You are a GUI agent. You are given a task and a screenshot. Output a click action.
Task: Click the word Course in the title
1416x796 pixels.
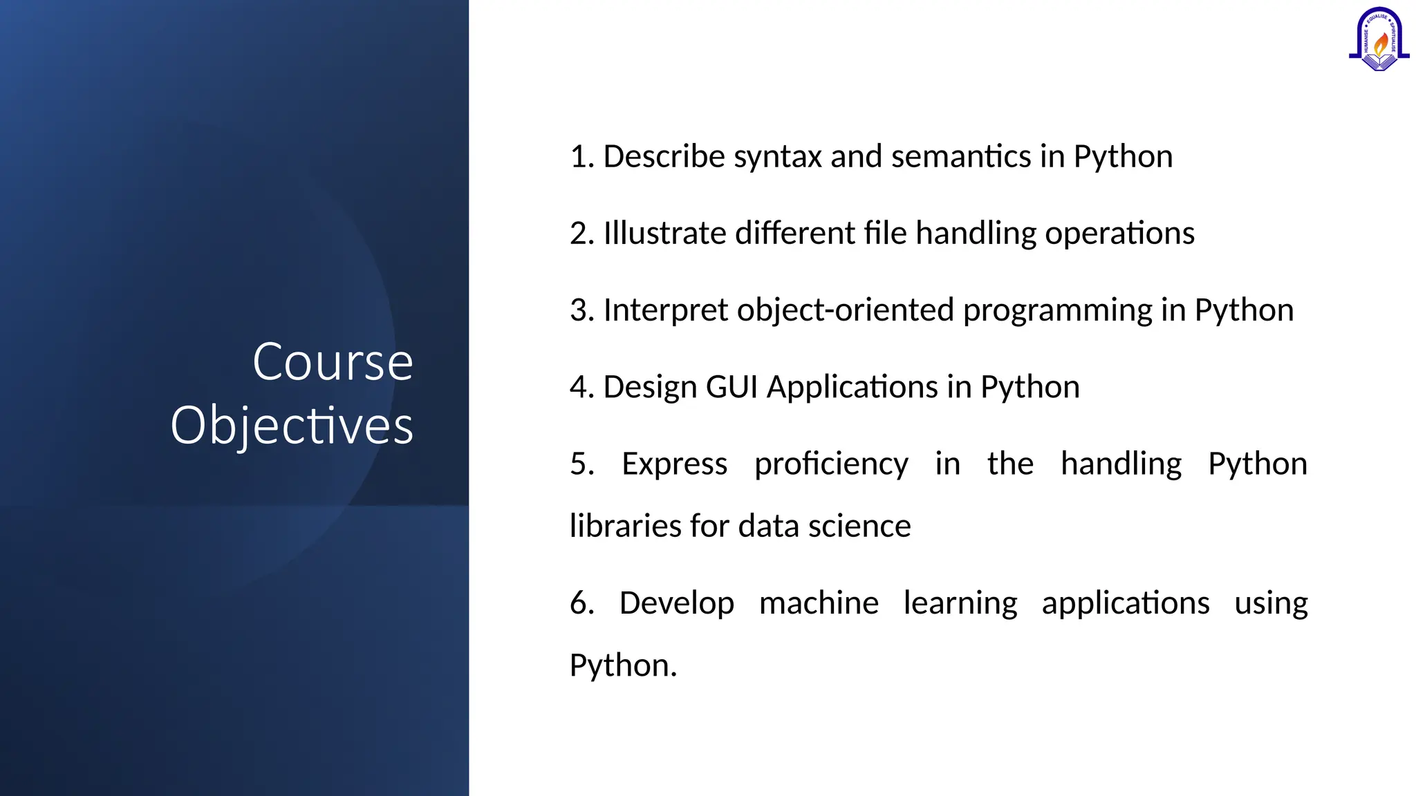point(333,362)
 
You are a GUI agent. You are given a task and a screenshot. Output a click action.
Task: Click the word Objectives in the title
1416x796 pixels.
point(292,426)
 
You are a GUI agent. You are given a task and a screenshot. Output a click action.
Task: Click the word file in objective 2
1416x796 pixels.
point(885,234)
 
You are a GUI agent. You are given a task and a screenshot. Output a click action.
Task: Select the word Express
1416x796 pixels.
point(674,464)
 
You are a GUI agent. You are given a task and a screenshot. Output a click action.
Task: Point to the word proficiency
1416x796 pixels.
point(831,464)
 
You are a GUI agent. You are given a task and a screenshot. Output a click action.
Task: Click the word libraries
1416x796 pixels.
point(625,527)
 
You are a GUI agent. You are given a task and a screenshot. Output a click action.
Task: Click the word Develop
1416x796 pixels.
point(676,603)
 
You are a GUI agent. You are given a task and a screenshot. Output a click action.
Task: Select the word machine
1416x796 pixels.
point(819,603)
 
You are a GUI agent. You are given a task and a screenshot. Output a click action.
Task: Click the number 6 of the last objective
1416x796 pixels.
point(579,603)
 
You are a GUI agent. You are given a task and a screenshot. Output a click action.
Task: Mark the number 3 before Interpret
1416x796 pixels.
point(579,310)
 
